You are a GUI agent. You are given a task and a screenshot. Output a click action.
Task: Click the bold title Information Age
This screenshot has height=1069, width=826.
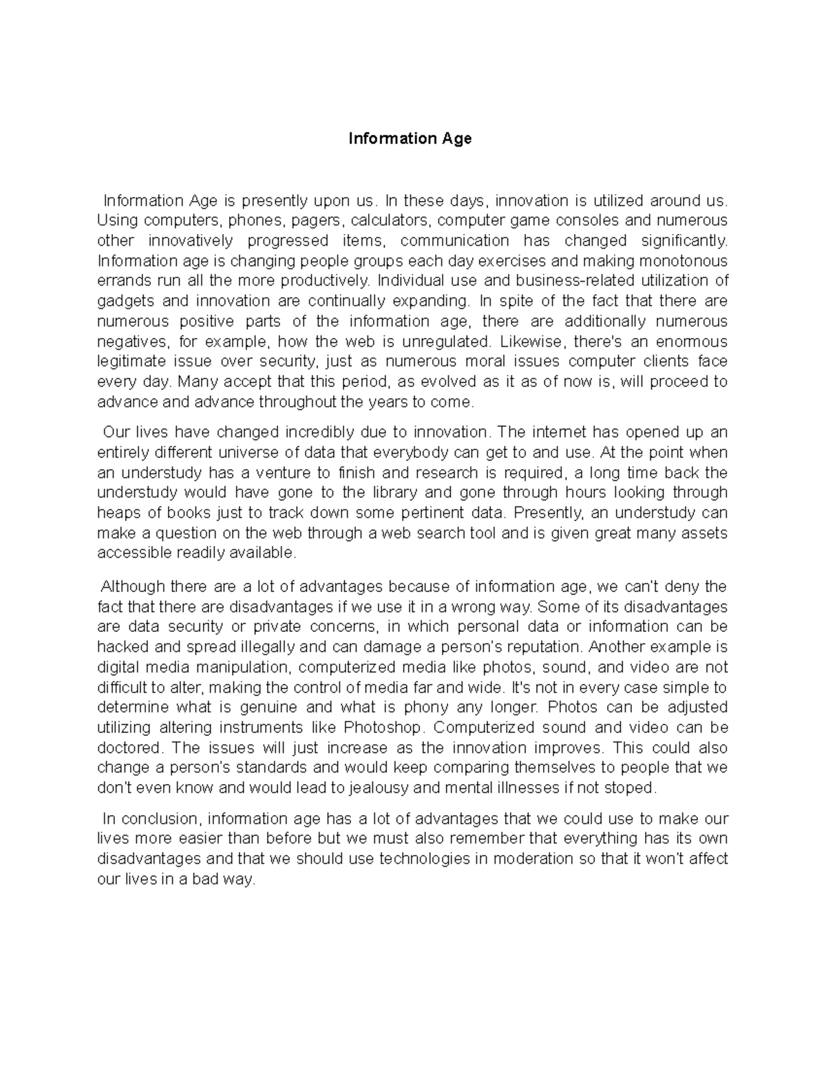(x=410, y=138)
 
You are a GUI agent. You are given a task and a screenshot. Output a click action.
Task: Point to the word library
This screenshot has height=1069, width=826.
(x=395, y=492)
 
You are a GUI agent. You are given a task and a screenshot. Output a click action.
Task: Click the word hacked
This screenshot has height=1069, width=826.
(x=120, y=647)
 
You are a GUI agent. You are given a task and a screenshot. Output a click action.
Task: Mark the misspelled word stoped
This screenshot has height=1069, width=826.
(x=635, y=788)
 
